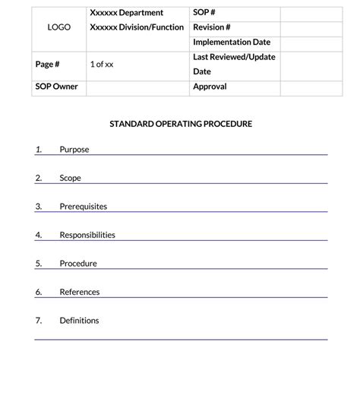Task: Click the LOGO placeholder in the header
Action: coord(58,27)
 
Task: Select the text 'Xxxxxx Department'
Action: coord(126,13)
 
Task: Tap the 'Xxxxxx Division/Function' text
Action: coord(137,27)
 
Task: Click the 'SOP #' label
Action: coord(205,13)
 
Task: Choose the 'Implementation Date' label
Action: coord(232,43)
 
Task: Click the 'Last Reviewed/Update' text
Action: coord(234,57)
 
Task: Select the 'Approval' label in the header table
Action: coord(210,87)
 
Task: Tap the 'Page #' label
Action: coord(47,65)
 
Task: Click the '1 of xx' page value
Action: coord(101,65)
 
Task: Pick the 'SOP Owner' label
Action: coord(56,87)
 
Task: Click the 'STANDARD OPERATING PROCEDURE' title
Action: coord(181,123)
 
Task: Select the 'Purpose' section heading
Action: coord(74,150)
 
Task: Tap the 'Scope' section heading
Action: coord(70,178)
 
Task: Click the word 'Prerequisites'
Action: coord(83,207)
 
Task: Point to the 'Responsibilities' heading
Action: coord(87,235)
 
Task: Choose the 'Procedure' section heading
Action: coord(78,264)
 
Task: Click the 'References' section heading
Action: coord(80,292)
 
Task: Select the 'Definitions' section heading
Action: coord(79,321)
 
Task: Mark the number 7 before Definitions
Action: coord(38,321)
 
